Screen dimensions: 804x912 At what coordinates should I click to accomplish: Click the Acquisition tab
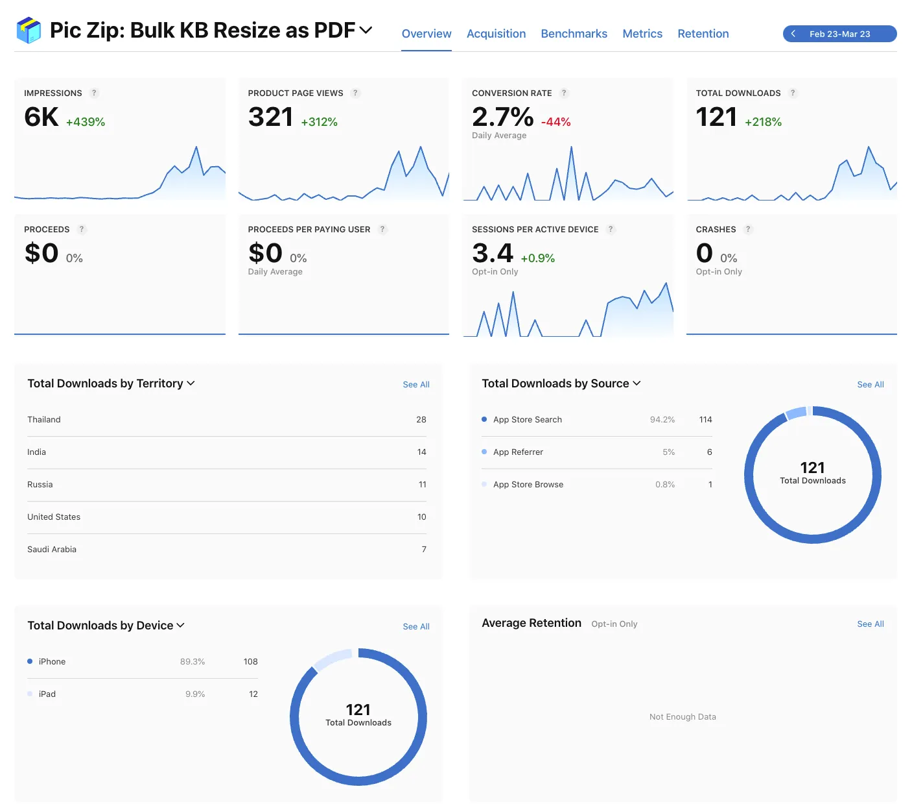click(496, 34)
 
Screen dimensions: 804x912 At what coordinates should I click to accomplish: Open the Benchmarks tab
click(574, 34)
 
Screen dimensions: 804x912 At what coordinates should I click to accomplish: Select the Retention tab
click(703, 34)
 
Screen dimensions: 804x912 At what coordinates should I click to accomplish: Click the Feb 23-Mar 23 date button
click(839, 34)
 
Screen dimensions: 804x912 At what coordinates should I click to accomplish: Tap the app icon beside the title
click(29, 30)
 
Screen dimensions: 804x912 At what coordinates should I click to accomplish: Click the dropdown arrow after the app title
click(366, 30)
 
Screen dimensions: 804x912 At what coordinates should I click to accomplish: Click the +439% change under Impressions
click(86, 122)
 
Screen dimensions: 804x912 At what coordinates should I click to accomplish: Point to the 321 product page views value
click(270, 117)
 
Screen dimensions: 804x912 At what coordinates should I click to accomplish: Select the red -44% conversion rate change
click(555, 122)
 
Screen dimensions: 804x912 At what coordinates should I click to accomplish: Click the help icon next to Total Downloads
click(792, 93)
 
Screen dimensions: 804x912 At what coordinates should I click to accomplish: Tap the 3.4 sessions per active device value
click(493, 254)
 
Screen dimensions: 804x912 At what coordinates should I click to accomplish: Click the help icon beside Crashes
click(748, 230)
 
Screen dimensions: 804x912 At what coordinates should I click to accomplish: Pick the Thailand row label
click(44, 420)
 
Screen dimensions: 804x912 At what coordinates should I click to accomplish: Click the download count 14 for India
click(421, 452)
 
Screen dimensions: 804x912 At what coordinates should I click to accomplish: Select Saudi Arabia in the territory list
click(52, 550)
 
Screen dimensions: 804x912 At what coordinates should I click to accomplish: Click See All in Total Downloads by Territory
click(415, 385)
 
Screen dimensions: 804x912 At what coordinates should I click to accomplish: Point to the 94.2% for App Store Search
click(662, 420)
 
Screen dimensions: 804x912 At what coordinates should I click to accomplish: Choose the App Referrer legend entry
click(518, 452)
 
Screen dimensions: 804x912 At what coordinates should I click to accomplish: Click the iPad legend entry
click(47, 694)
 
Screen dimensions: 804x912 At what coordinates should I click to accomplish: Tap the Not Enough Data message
click(683, 717)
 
